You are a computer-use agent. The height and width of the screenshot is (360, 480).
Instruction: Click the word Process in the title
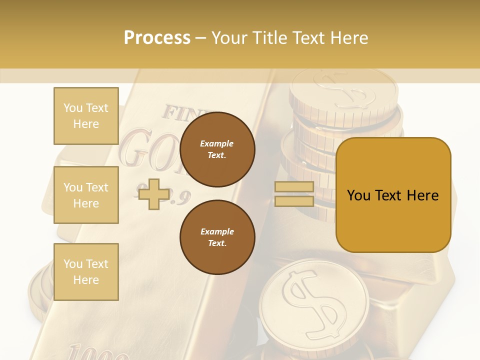[x=157, y=38]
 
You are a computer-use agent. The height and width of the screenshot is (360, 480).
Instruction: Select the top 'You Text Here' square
[x=86, y=116]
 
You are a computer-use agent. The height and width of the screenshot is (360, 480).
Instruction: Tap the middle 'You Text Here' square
[x=86, y=195]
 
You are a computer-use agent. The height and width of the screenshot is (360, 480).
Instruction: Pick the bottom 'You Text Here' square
[x=86, y=272]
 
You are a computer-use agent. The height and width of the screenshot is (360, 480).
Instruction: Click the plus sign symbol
[x=153, y=194]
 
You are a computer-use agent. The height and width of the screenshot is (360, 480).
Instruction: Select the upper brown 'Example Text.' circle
[x=217, y=149]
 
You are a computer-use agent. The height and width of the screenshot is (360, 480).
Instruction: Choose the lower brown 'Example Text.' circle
[x=217, y=237]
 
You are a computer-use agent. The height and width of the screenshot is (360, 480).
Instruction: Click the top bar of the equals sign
[x=294, y=187]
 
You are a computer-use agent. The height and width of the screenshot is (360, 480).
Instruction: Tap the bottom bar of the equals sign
[x=294, y=201]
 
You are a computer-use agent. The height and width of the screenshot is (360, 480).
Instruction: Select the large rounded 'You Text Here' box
[x=393, y=195]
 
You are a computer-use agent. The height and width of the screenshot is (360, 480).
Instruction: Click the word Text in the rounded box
[x=392, y=195]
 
